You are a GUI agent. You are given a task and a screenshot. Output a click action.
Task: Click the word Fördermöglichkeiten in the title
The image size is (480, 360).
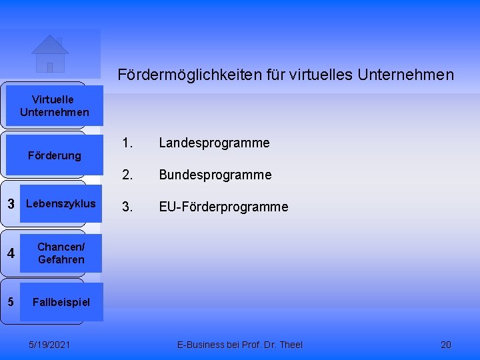176,75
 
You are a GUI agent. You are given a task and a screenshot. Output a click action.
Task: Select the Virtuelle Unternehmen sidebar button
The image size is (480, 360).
54,106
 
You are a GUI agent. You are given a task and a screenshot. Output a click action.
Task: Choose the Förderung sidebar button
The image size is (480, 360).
54,155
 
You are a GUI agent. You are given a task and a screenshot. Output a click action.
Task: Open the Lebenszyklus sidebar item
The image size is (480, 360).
60,203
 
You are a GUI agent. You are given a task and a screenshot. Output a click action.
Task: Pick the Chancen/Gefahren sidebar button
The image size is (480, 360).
61,253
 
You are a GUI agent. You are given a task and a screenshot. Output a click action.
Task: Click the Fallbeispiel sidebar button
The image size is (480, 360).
61,302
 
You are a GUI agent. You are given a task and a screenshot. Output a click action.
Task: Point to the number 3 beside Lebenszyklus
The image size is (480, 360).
11,204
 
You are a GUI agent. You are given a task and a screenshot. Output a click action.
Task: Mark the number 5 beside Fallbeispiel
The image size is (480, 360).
11,301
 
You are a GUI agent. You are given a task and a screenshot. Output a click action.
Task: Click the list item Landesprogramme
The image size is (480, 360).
214,143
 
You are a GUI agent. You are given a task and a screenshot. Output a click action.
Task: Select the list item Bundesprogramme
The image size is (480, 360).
215,175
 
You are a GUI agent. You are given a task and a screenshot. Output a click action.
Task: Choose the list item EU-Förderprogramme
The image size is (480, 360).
223,207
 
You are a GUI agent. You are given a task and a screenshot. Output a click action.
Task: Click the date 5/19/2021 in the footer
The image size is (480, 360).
51,345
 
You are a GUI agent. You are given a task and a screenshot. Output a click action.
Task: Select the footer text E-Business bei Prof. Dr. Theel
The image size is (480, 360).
240,345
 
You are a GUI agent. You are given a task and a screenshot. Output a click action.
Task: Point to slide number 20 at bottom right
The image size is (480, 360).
446,345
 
